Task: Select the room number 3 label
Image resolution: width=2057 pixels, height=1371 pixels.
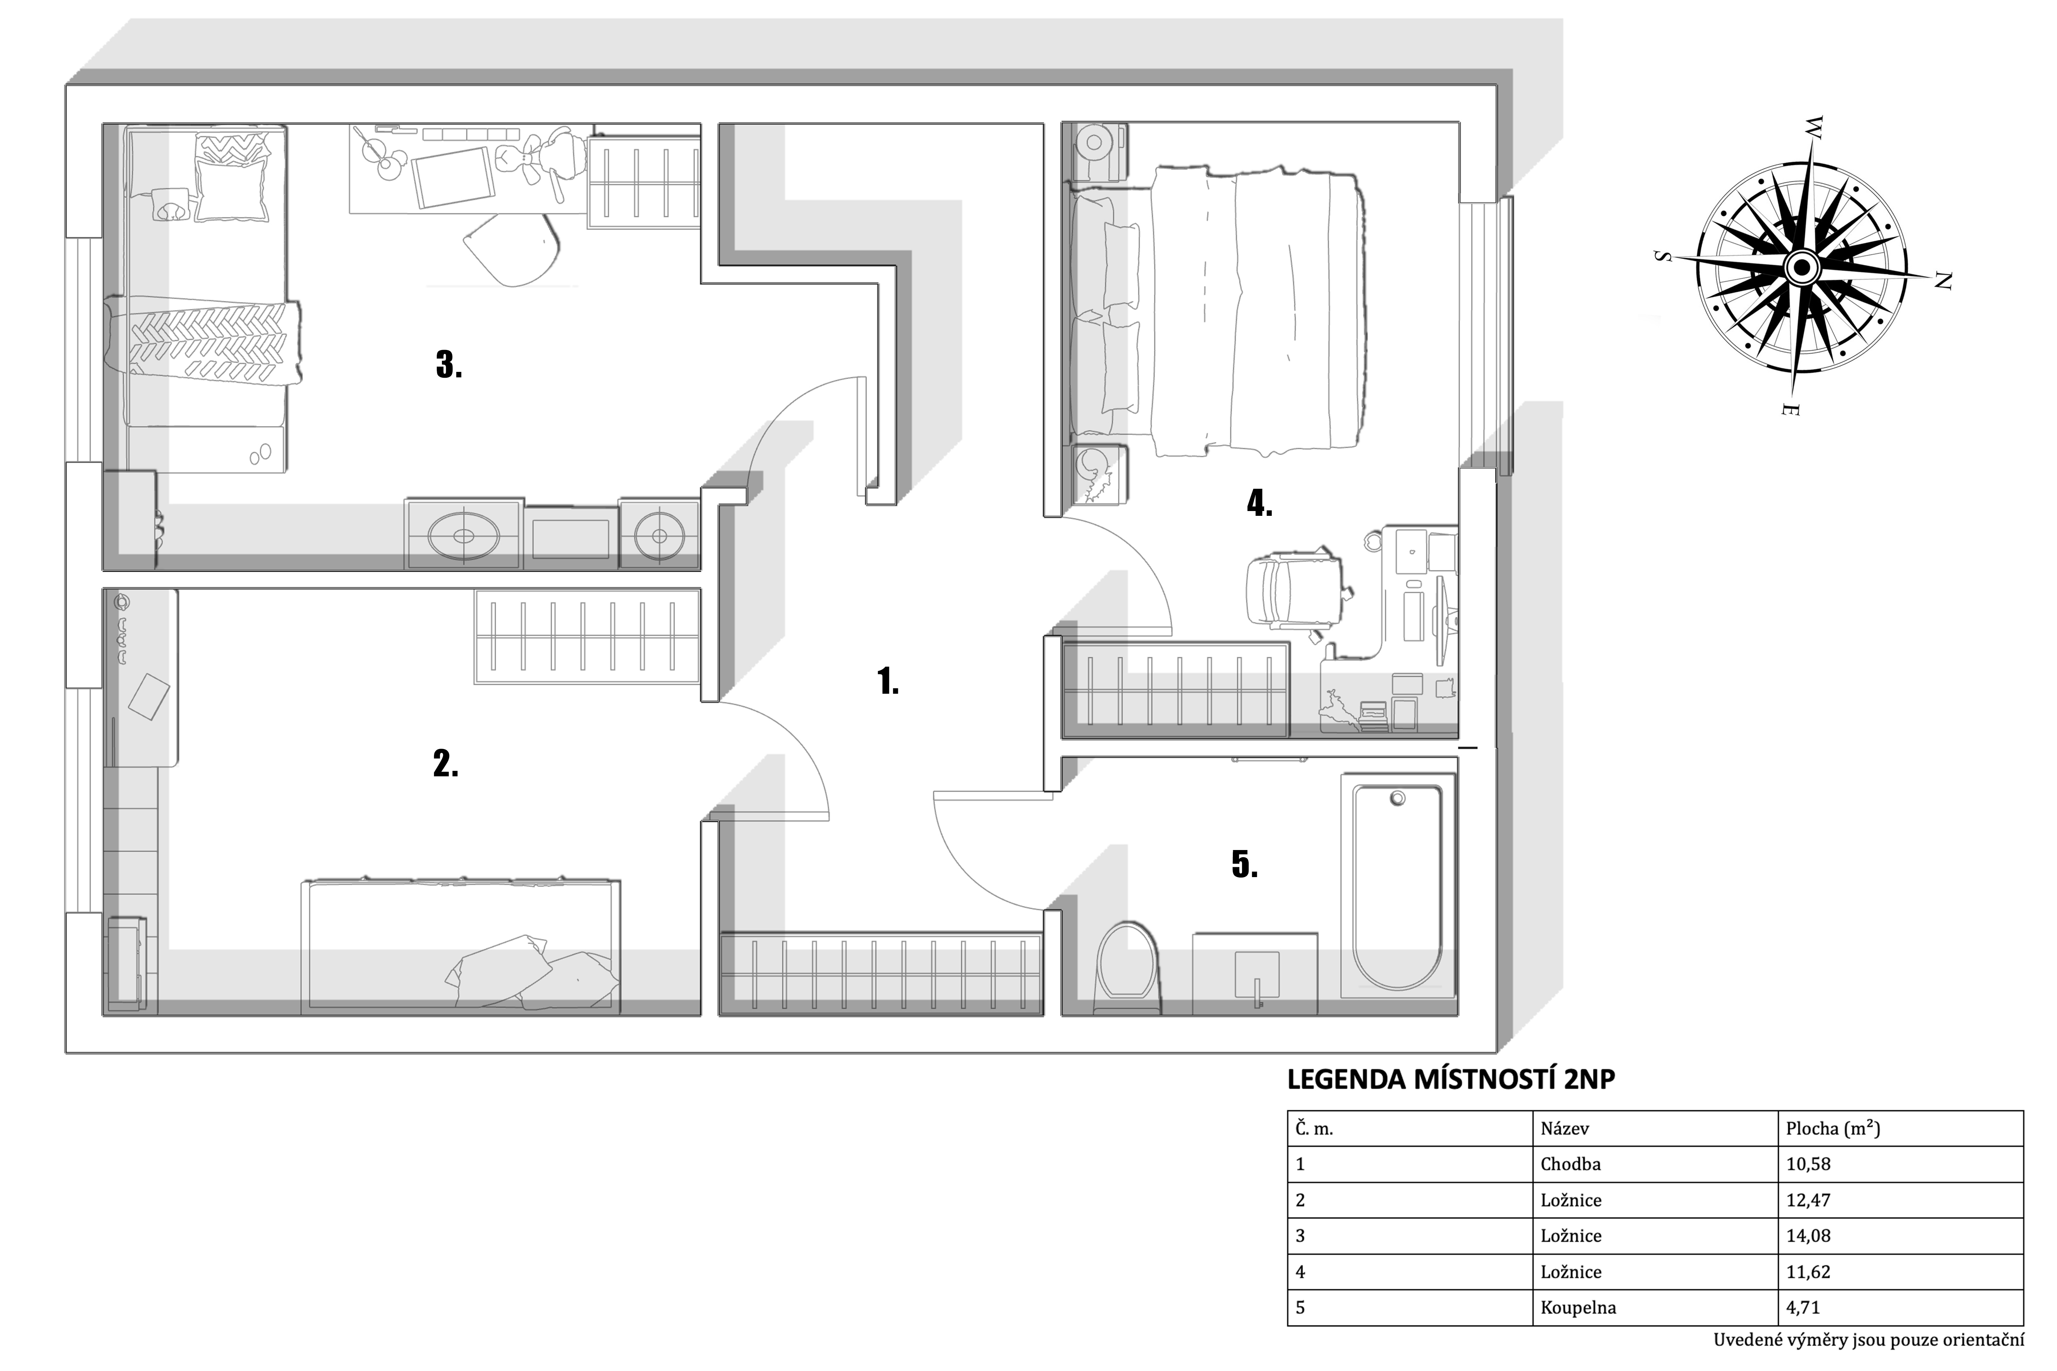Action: coord(449,365)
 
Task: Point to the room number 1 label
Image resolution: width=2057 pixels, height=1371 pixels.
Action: coord(888,681)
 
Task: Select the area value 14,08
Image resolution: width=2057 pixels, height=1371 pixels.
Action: coord(1808,1236)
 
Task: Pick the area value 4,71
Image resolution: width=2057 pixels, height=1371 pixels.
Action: coord(1803,1307)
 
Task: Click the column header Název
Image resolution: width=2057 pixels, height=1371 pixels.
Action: coord(1565,1128)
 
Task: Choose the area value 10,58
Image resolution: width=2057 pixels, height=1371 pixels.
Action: coord(1808,1164)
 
